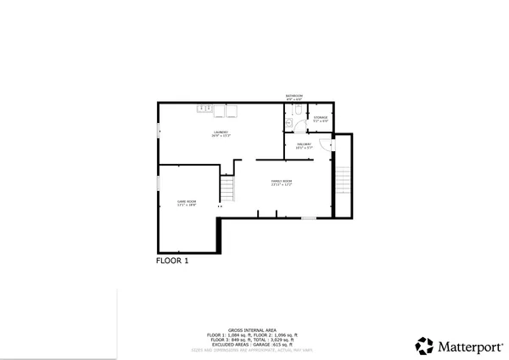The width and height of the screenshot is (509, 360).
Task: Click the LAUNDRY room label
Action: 221,134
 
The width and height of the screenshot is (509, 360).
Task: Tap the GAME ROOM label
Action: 187,203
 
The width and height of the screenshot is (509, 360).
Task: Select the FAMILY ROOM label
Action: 282,183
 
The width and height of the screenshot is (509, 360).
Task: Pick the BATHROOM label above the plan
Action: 294,97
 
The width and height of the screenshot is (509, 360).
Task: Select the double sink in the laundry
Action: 204,109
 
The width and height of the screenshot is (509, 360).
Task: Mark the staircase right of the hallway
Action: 343,179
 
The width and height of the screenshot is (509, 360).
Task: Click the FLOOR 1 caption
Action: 172,261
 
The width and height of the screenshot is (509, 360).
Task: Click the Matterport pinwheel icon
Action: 424,346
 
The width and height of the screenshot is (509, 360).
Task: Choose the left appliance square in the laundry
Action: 219,110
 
